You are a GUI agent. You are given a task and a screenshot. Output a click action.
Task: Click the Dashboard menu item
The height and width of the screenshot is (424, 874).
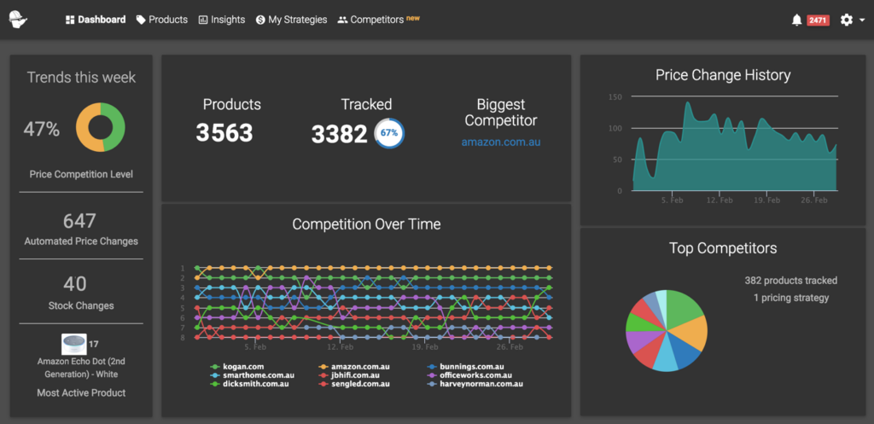point(96,20)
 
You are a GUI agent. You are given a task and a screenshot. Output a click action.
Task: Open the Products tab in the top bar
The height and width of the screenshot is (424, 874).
point(162,20)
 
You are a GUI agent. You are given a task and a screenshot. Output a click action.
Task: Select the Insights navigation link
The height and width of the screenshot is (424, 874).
point(222,20)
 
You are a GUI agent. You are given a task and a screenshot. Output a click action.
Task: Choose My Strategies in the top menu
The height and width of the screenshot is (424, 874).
point(291,20)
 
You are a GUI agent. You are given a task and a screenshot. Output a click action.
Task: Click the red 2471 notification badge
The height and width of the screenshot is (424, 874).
point(818,20)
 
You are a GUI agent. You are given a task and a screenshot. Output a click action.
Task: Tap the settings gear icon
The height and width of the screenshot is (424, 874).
point(846,20)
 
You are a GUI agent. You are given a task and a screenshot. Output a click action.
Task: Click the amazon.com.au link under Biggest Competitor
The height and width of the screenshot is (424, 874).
point(501,142)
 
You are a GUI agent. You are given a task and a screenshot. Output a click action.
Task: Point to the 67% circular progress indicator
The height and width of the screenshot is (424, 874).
point(389,133)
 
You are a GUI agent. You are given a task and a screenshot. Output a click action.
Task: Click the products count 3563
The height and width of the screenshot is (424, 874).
point(224,133)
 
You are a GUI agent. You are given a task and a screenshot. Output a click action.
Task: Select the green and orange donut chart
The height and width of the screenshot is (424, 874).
point(101,127)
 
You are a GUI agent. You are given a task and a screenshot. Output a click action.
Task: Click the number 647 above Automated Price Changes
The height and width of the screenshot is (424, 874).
point(79,222)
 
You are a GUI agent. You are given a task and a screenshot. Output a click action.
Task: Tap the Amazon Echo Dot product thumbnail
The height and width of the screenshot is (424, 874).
point(73,345)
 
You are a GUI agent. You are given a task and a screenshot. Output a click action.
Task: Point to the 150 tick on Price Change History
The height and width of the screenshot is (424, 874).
point(615,97)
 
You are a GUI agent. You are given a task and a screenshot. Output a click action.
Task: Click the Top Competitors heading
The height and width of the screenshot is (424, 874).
point(723,248)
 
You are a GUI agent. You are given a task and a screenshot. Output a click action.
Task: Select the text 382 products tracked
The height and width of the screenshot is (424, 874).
point(790,281)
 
